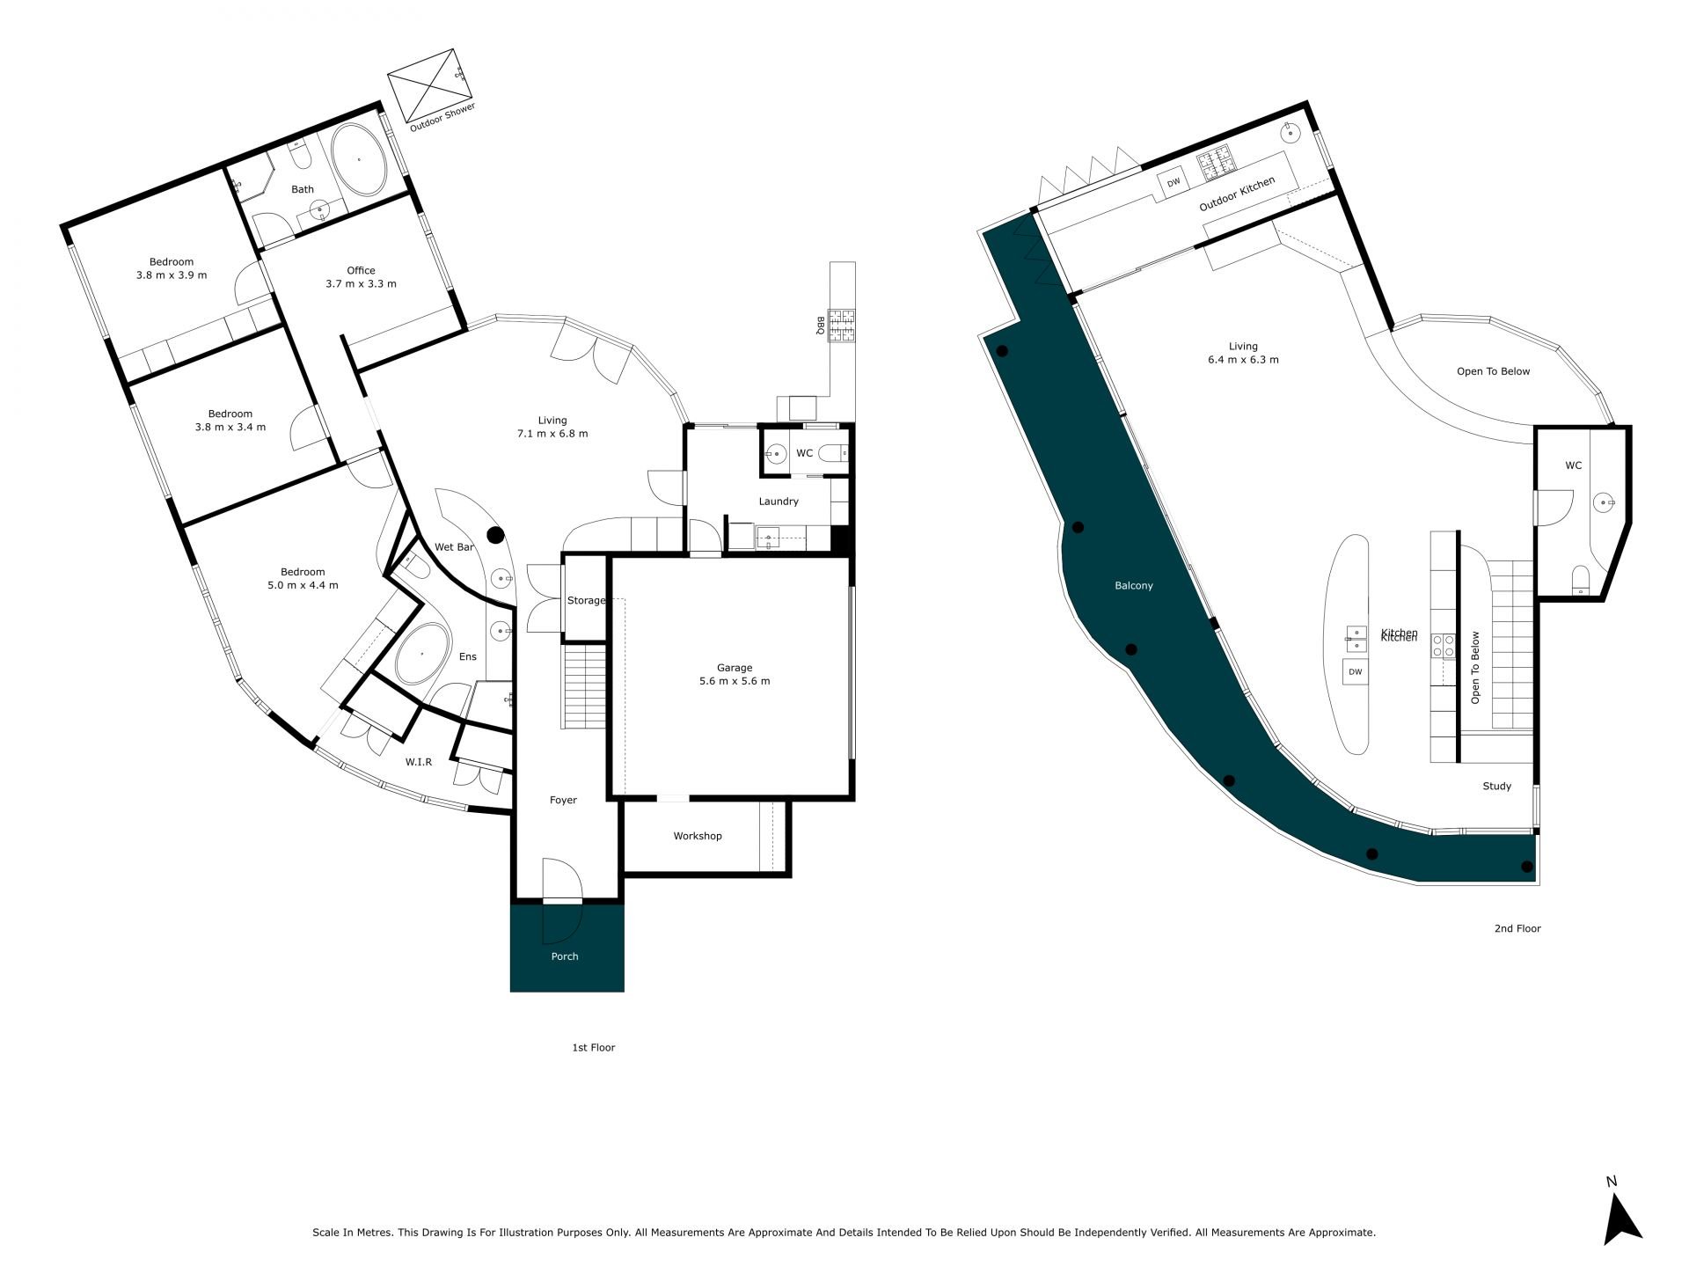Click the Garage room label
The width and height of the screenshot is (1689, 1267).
pyautogui.click(x=735, y=668)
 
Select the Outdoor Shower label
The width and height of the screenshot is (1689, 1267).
pyautogui.click(x=442, y=118)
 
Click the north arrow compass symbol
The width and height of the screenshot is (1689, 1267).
pyautogui.click(x=1621, y=1221)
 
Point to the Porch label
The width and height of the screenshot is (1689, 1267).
pyautogui.click(x=565, y=956)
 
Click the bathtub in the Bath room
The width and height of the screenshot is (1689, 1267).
pyautogui.click(x=358, y=159)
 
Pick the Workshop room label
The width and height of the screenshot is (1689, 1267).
pyautogui.click(x=698, y=836)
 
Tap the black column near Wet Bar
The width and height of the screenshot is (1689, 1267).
pyautogui.click(x=496, y=534)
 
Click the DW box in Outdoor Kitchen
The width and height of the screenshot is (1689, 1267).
pyautogui.click(x=1174, y=183)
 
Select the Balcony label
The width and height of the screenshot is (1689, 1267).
pyautogui.click(x=1134, y=585)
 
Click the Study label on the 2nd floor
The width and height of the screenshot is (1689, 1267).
pyautogui.click(x=1497, y=787)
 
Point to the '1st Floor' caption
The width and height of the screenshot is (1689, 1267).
pyautogui.click(x=594, y=1047)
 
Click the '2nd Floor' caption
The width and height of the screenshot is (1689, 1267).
pyautogui.click(x=1517, y=928)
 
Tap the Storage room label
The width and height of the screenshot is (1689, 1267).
pyautogui.click(x=587, y=600)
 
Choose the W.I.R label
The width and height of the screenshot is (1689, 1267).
pyautogui.click(x=419, y=762)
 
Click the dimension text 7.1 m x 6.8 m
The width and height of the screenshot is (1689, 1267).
pyautogui.click(x=552, y=434)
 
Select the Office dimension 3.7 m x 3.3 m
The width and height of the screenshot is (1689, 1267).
pyautogui.click(x=361, y=284)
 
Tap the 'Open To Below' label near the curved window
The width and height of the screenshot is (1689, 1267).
pyautogui.click(x=1493, y=371)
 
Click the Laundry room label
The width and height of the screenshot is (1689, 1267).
pyautogui.click(x=779, y=502)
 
